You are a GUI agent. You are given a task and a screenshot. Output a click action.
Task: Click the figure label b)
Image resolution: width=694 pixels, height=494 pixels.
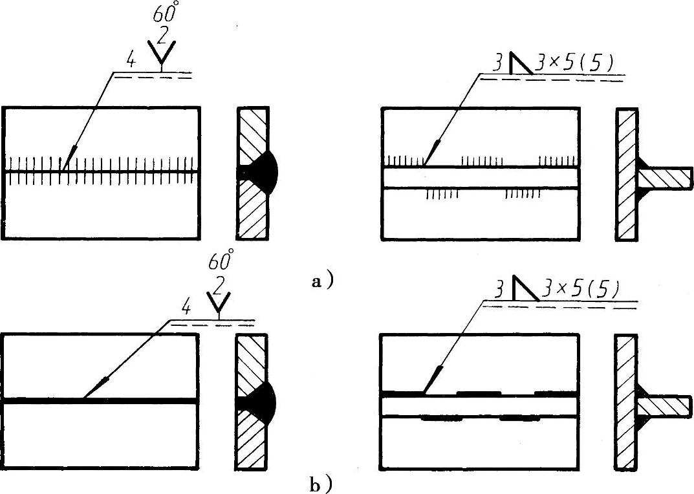322,483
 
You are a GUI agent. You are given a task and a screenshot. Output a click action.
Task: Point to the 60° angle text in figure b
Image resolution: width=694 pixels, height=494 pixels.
221,263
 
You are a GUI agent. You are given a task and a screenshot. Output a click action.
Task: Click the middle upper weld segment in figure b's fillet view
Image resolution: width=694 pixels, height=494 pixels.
478,392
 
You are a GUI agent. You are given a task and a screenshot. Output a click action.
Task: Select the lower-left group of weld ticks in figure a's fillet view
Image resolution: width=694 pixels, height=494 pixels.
441,193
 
